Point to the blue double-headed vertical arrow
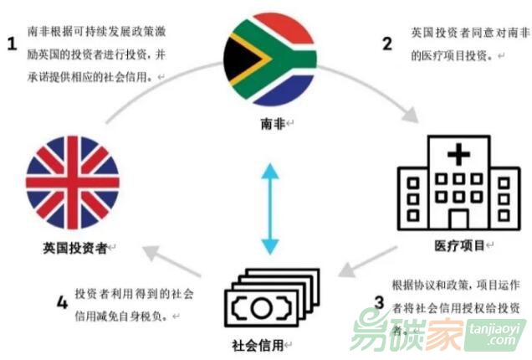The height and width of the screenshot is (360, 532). coord(268,209)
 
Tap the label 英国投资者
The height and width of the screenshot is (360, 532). coord(73,248)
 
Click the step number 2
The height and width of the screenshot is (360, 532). coord(386,44)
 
